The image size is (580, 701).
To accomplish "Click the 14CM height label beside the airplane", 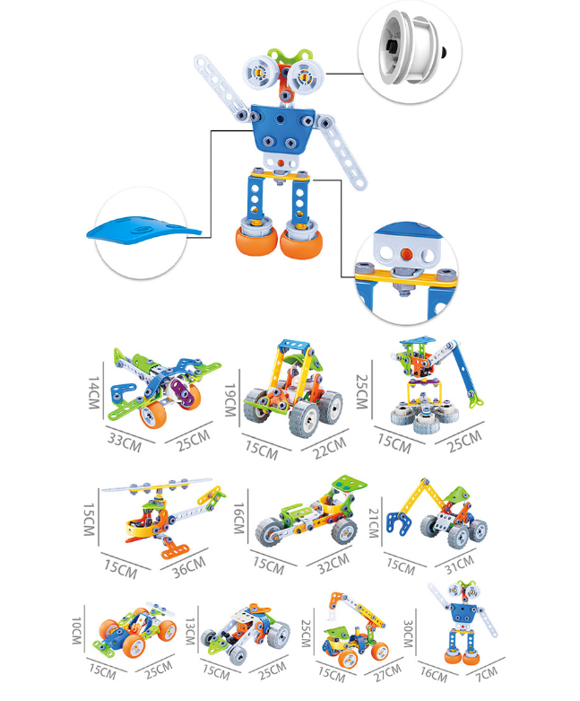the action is [x=93, y=392].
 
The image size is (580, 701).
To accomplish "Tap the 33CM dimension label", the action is [x=125, y=443].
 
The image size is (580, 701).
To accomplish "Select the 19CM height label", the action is [x=229, y=399].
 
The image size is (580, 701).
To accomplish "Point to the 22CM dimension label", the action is [x=330, y=448].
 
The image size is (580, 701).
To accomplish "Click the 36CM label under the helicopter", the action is [x=189, y=567].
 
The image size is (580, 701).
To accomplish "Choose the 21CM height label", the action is [x=374, y=522].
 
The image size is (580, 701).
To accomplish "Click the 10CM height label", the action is [x=77, y=631].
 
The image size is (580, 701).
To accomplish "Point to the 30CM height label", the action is [x=408, y=634].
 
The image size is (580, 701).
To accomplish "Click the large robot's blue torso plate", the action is [x=282, y=127].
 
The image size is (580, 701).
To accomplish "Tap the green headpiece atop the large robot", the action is [x=288, y=57].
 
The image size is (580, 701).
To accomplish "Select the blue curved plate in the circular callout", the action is [x=143, y=230].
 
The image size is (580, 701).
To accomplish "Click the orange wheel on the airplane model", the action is [x=153, y=414].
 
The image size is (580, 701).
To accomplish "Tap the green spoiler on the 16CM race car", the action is [x=350, y=484].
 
